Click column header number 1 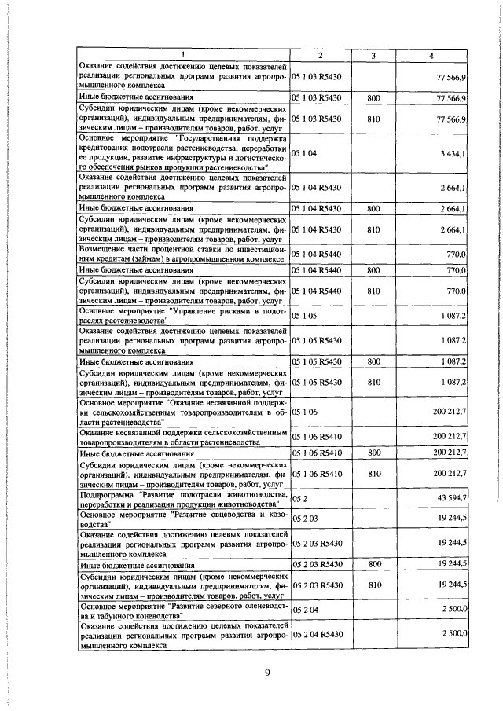pyautogui.click(x=183, y=54)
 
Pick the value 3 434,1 pyautogui.click(x=453, y=152)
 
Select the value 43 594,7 pyautogui.click(x=451, y=499)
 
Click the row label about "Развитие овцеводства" pyautogui.click(x=183, y=521)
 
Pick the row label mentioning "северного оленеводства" pyautogui.click(x=183, y=609)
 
